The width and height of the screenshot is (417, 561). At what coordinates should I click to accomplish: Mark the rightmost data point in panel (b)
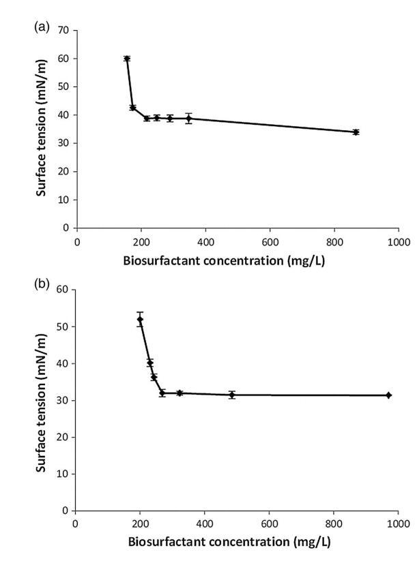pyautogui.click(x=388, y=395)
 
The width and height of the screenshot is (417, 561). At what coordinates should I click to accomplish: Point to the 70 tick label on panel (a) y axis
pyautogui.click(x=64, y=31)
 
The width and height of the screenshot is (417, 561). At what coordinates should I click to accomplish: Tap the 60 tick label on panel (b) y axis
pyautogui.click(x=63, y=290)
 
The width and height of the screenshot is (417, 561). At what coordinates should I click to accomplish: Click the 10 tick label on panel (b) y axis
pyautogui.click(x=63, y=474)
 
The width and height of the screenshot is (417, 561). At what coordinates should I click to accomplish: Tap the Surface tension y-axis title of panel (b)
pyautogui.click(x=41, y=399)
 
